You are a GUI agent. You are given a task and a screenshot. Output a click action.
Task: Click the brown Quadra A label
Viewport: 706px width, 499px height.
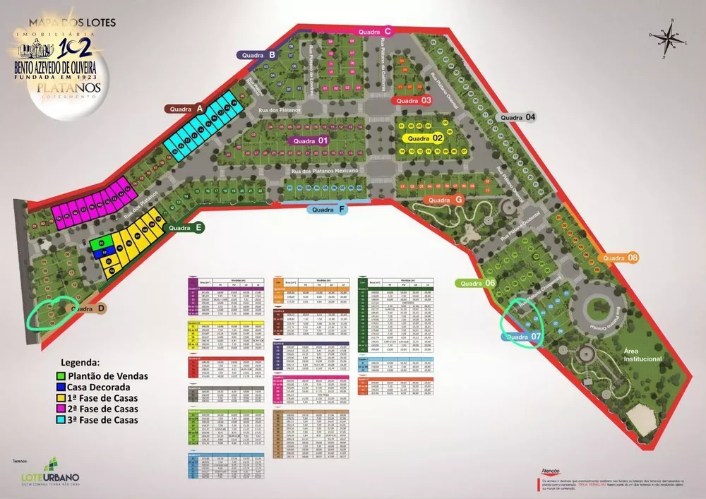(185, 109)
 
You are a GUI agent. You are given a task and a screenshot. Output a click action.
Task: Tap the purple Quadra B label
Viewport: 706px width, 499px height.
(257, 54)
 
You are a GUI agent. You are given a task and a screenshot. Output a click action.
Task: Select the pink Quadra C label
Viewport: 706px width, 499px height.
(374, 32)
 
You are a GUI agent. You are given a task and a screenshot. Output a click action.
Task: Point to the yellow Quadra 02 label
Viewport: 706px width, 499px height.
(423, 138)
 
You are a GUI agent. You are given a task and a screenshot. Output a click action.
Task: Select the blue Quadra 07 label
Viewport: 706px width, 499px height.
(523, 337)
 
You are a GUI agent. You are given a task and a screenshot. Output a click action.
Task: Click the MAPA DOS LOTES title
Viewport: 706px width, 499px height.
(67, 23)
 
